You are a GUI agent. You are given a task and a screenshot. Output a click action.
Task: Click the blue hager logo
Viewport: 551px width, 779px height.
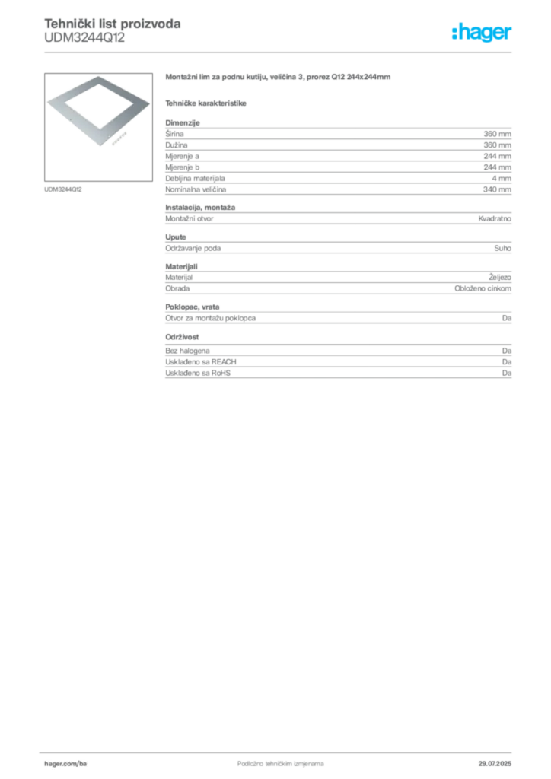[483, 33]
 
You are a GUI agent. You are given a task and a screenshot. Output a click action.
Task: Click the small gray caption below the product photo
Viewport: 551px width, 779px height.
[65, 189]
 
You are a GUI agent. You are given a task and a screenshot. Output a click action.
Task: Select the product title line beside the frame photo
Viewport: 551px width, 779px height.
[280, 78]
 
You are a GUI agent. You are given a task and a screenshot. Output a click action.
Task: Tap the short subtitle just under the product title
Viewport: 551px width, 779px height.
[208, 101]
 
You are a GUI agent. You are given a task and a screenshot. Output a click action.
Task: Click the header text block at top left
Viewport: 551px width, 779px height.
[112, 30]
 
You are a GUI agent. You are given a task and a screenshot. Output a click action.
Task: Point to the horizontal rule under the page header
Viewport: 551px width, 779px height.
[280, 51]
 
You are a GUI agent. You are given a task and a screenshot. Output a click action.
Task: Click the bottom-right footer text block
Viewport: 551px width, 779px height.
[500, 759]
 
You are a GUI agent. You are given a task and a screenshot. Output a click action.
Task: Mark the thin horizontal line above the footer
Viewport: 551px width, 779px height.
[280, 750]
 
